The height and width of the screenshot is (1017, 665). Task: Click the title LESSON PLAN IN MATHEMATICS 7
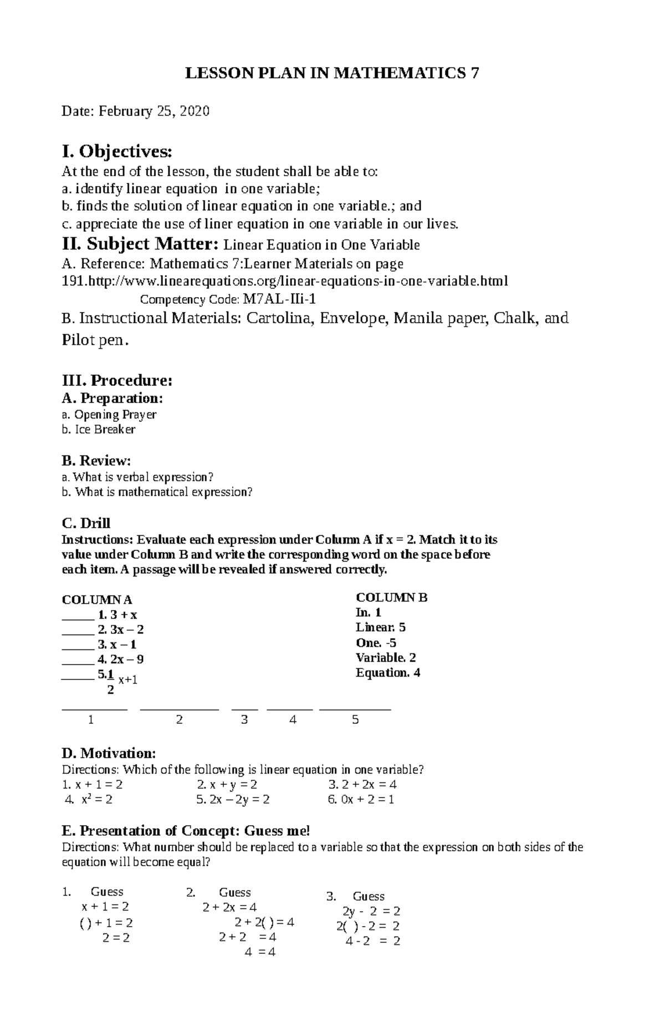point(331,73)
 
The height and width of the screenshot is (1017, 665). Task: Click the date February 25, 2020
point(154,111)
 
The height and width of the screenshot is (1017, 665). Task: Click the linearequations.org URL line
point(284,282)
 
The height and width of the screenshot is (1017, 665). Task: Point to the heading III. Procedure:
point(117,381)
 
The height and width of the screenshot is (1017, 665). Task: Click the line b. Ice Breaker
point(99,430)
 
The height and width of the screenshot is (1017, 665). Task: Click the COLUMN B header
point(391,597)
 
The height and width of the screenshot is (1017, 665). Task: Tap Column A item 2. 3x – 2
point(120,630)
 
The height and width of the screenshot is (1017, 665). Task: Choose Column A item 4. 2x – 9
point(120,660)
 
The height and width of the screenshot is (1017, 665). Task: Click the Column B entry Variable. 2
point(386,658)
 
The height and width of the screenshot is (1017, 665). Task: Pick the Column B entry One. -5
point(376,643)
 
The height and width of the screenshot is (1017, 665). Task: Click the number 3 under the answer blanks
point(244,720)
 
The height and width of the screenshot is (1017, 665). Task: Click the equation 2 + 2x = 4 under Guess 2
point(229,907)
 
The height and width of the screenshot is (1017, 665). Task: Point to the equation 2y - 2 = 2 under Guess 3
point(371,911)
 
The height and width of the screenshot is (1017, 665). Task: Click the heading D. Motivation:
point(109,753)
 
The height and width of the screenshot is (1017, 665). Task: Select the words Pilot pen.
point(94,340)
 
